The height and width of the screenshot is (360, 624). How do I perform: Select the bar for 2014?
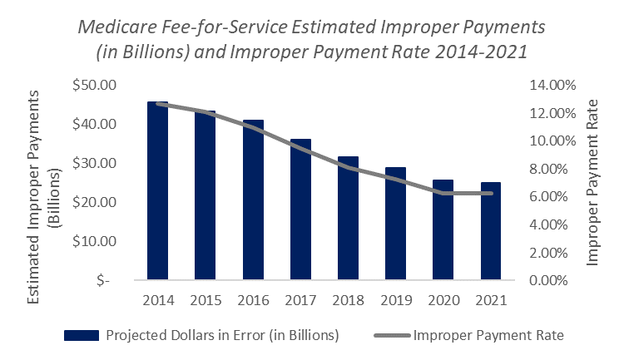pos(157,191)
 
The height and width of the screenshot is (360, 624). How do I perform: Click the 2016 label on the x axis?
pos(253,298)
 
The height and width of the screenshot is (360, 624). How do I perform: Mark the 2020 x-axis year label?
pos(443,298)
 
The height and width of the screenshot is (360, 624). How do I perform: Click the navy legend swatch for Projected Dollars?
pos(80,335)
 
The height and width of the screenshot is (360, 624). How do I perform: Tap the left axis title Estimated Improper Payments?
pos(35,182)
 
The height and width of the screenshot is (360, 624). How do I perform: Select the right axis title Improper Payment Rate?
pos(592,182)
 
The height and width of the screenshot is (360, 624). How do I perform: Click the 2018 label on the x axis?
pos(349,298)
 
